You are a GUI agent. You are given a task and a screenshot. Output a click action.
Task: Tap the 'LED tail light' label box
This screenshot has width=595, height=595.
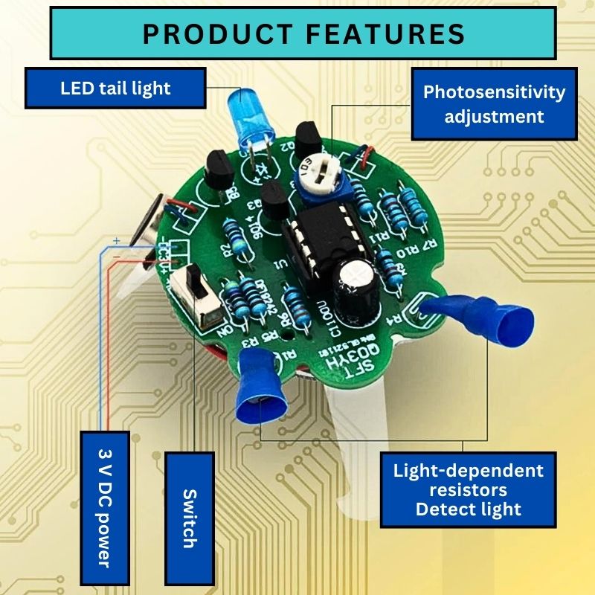pos(115,89)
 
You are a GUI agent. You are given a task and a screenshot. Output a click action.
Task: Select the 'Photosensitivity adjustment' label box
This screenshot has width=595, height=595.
pos(494,104)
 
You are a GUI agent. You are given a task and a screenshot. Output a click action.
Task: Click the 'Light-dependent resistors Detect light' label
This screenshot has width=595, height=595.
pos(468,489)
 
